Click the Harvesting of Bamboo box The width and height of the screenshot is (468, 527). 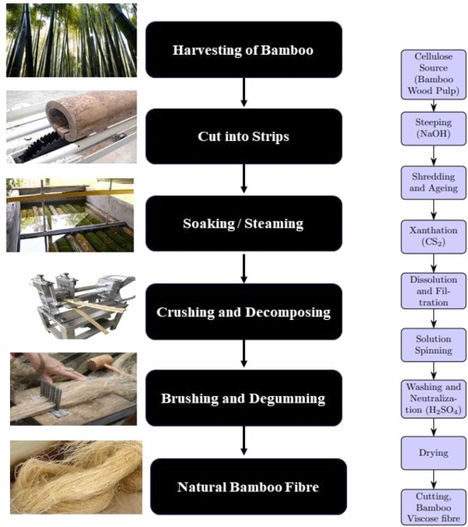[244, 49]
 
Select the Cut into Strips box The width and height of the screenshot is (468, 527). [244, 136]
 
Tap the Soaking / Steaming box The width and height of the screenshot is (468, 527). [244, 224]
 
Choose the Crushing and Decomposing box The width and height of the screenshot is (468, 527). [244, 312]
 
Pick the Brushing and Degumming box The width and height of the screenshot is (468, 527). [244, 399]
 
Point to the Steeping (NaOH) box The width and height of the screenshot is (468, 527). [427, 128]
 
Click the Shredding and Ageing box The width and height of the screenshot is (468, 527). [427, 182]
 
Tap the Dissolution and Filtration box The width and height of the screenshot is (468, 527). [427, 291]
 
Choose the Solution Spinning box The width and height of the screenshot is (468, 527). [427, 345]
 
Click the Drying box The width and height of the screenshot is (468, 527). [427, 453]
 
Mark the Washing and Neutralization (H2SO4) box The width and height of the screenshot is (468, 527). [427, 399]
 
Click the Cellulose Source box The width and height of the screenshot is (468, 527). [427, 73]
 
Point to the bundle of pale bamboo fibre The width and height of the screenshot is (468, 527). [75, 476]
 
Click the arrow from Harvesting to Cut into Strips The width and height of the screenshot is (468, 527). [244, 92]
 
